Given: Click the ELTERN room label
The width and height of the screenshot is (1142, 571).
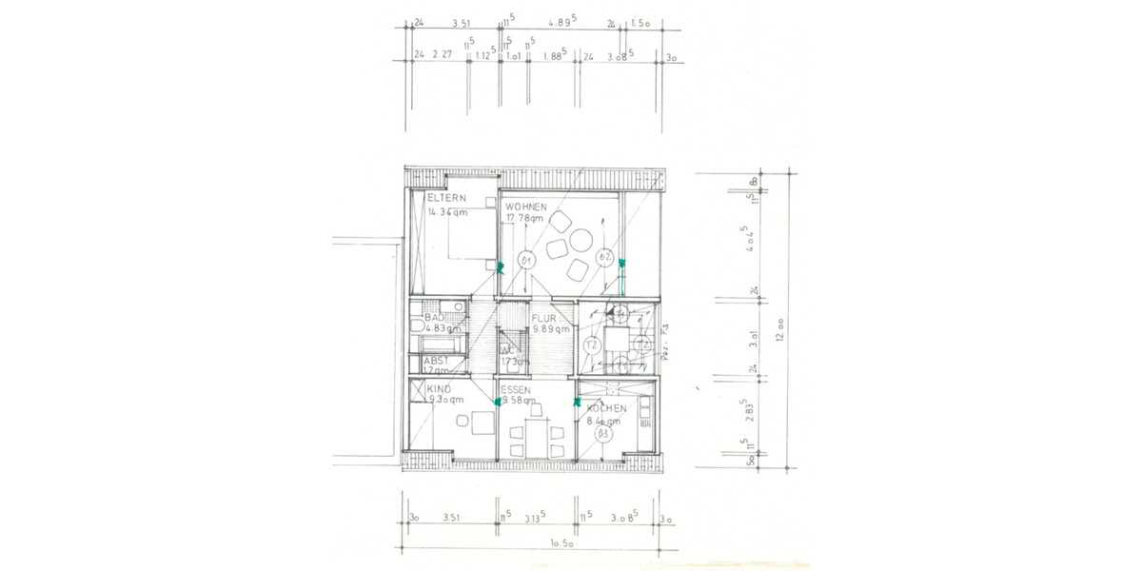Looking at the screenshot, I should point(445,198).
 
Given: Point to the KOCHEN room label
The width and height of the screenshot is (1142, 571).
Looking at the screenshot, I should point(606,408).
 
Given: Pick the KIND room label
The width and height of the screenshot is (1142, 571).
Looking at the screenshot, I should point(439,388).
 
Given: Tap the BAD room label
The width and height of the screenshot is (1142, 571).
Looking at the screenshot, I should point(435,317).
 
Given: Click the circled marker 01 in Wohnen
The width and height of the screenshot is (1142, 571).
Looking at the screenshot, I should point(525,259).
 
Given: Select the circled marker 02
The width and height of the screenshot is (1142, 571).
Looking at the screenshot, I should point(603,257).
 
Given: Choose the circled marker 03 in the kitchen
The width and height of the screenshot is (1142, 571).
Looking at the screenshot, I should point(602,434).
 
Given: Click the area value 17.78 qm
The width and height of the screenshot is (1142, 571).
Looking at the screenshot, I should point(523,218).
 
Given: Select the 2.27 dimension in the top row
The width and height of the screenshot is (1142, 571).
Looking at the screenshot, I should point(441,55).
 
